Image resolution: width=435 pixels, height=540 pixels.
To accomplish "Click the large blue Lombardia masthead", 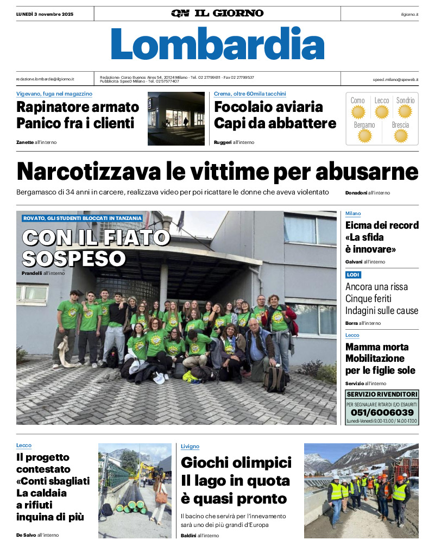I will point(217,43).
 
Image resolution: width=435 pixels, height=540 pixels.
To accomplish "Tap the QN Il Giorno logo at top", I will point(217,13).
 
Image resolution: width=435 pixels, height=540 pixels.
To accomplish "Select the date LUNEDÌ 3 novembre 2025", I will point(45,13).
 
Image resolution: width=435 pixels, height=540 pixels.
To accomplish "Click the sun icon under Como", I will point(358,112).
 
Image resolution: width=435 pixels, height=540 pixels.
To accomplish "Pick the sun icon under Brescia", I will point(401,136).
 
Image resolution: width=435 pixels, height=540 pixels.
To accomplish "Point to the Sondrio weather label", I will point(405,101).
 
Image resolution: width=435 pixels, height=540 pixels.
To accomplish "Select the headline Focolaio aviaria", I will point(268,106).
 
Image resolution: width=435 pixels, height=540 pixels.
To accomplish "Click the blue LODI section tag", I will point(353,275).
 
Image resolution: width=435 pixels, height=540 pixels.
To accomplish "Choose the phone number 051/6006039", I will point(382,412).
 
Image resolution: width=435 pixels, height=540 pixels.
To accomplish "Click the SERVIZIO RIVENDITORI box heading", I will point(382,394).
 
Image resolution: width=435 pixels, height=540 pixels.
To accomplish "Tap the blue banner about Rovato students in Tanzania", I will point(83,218).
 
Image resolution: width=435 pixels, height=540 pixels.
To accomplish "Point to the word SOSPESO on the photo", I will point(74,258).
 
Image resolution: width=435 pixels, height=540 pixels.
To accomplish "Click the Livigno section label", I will point(190,446).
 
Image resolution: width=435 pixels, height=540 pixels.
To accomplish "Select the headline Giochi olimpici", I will point(236,463).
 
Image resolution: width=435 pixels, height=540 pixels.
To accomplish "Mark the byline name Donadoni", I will point(356,193).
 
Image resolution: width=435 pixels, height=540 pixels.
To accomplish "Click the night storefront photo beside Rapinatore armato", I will point(176,118).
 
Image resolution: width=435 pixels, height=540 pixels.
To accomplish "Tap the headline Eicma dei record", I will point(382,225).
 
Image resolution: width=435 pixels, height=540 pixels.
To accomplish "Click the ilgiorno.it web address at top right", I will point(409,14).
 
